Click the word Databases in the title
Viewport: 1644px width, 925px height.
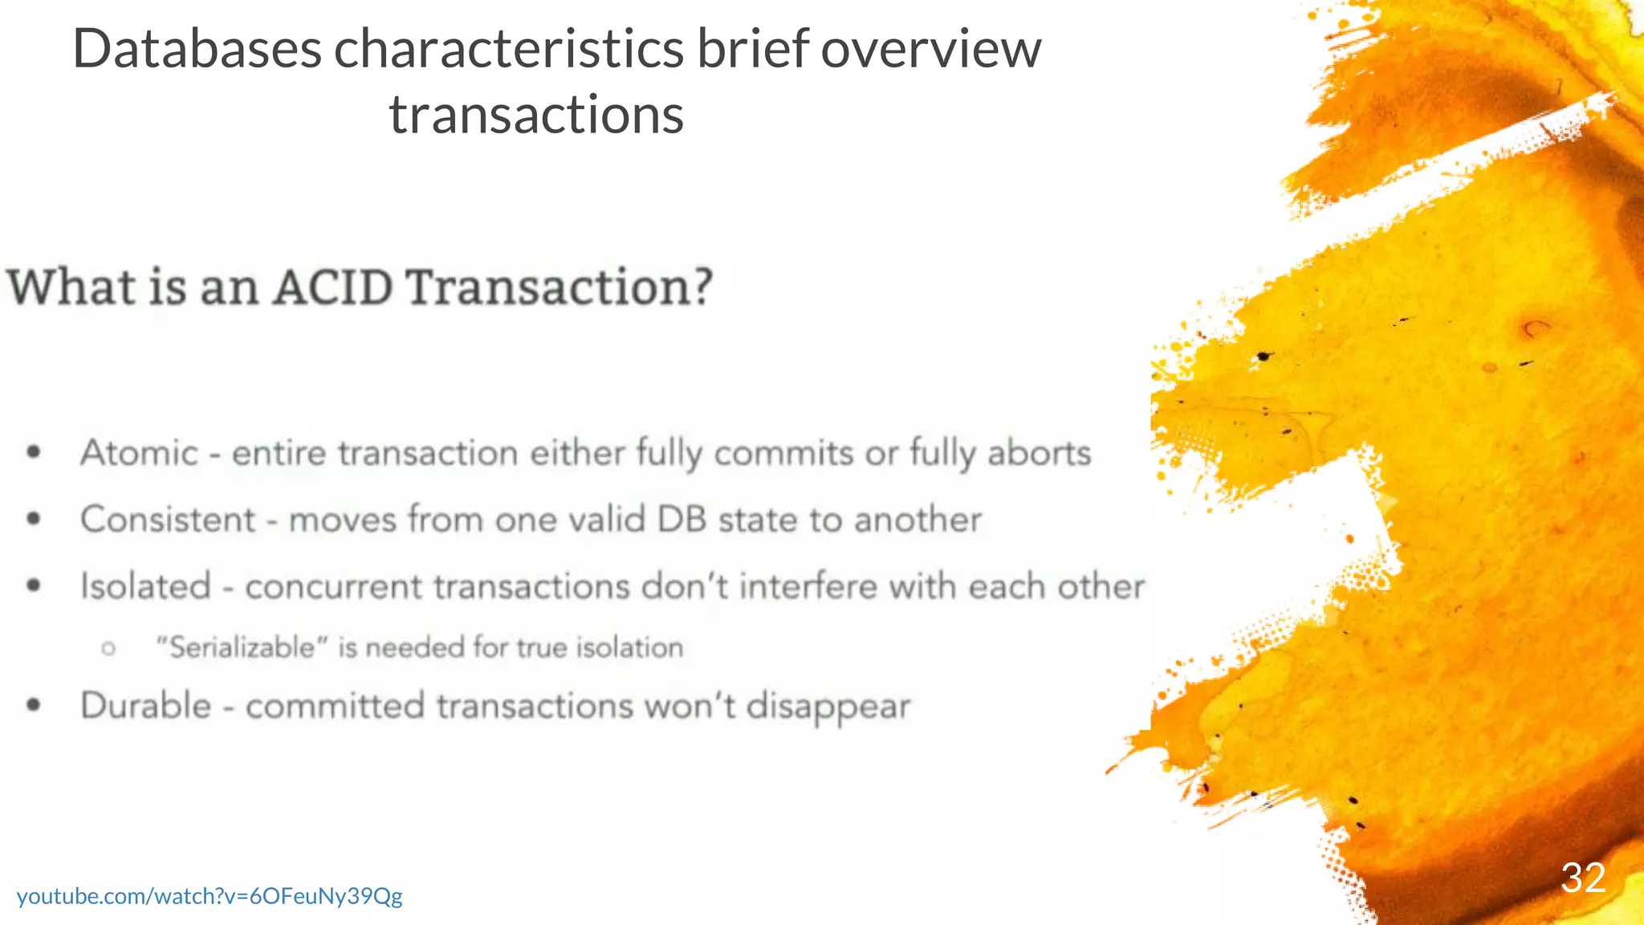[x=197, y=50]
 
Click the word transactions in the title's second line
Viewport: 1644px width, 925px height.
[x=536, y=115]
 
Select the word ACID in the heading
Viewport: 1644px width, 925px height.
[x=333, y=287]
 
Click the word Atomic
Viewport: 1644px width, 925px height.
[x=139, y=454]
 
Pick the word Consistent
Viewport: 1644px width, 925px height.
[x=168, y=520]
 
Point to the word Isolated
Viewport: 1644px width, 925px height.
[x=146, y=586]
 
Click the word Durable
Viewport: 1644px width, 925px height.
[x=146, y=706]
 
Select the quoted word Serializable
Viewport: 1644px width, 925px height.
[x=242, y=647]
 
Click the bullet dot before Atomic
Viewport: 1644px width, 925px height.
[x=34, y=453]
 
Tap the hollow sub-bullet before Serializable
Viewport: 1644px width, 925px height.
[x=109, y=648]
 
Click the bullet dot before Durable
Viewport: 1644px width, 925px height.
[x=34, y=706]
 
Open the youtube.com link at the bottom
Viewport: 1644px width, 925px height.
[x=210, y=896]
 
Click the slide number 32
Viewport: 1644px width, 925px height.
[x=1582, y=878]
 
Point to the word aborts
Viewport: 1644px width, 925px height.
[x=1039, y=454]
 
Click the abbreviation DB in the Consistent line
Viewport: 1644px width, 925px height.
[x=682, y=520]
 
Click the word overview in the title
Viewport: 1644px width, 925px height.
[x=930, y=50]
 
